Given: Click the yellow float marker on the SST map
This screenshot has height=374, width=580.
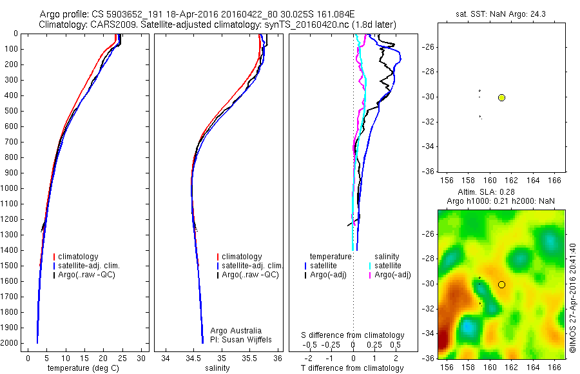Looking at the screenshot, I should (501, 97).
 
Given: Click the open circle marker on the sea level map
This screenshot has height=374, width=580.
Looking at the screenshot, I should (501, 284).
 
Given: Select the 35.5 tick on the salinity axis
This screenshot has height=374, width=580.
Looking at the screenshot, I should (249, 357).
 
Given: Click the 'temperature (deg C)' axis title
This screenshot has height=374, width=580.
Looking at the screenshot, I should (84, 368).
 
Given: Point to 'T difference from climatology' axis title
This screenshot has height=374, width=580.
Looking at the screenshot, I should (353, 368).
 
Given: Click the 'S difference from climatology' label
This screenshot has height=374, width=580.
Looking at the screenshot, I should (353, 335).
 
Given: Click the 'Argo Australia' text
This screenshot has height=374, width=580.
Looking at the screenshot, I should (236, 331).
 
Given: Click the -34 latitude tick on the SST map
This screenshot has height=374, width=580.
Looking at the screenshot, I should (429, 146).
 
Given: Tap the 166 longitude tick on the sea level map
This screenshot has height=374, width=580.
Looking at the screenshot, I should (556, 367).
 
